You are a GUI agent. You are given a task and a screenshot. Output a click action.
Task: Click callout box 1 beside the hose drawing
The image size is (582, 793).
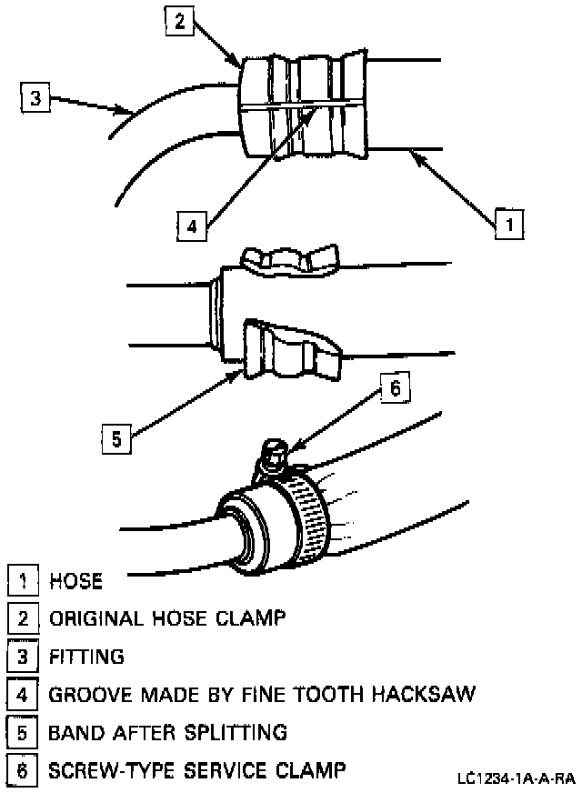pos(509,222)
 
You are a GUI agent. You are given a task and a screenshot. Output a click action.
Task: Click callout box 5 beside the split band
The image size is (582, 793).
pos(115,438)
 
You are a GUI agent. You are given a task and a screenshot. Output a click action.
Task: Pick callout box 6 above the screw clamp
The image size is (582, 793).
pos(394,388)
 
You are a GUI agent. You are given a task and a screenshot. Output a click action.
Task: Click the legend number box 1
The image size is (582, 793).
pos(21,580)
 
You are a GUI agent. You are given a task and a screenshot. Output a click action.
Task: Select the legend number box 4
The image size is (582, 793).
pos(21,696)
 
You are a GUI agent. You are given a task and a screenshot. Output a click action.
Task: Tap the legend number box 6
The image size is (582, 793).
pos(21,771)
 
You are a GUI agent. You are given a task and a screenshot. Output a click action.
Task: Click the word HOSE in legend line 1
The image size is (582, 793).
pos(76,580)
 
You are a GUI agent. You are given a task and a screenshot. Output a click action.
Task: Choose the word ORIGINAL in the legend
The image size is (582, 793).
pos(95,618)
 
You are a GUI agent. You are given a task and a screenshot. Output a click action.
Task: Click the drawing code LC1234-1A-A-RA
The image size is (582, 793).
pos(517,778)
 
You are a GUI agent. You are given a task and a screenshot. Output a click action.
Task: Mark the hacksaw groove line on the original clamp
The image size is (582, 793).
pos(300,106)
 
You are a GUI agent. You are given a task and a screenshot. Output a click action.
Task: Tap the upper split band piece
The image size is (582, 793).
pos(289,260)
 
